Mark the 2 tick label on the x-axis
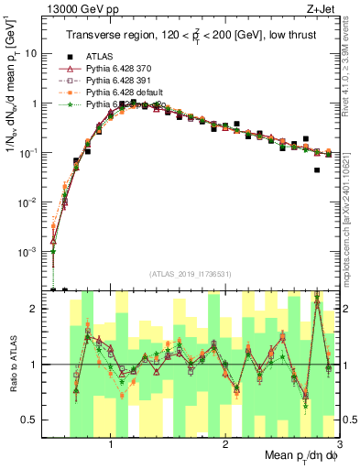click(x=225, y=443)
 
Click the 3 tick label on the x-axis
click(x=338, y=443)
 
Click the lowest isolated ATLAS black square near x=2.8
click(x=317, y=169)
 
